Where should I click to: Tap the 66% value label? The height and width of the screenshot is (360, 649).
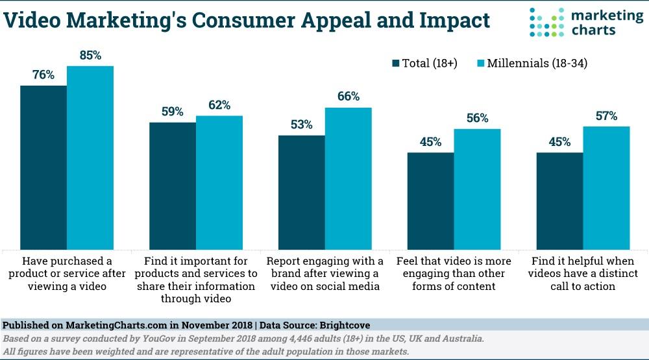point(348,97)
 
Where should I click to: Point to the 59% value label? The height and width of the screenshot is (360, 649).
point(173,111)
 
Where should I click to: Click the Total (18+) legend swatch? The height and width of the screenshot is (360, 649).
point(396,64)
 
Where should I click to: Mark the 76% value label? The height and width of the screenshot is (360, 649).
point(43,75)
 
